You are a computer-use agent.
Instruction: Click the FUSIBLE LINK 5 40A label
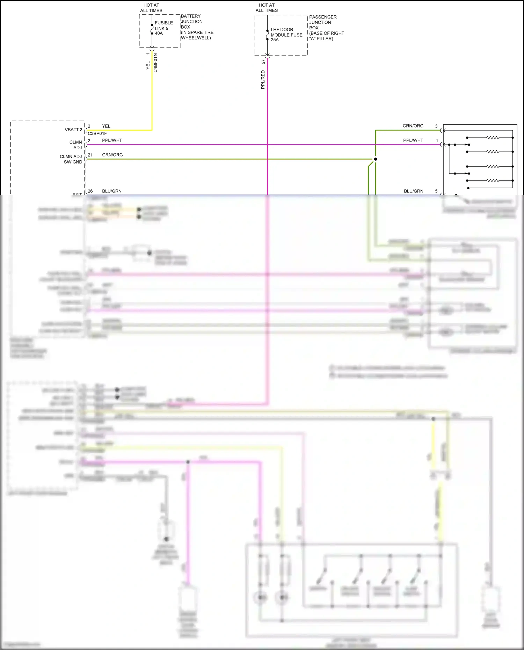[x=163, y=28]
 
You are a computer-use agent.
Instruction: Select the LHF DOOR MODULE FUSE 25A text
[x=286, y=35]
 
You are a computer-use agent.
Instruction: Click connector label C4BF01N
[x=155, y=63]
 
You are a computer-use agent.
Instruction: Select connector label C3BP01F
[x=97, y=133]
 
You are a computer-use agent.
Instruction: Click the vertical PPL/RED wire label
[x=263, y=80]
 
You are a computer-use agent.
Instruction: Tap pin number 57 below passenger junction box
[x=263, y=62]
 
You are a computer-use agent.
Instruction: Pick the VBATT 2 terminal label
[x=73, y=130]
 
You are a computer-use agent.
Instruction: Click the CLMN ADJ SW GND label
[x=72, y=159]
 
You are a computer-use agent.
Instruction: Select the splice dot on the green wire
[x=376, y=159]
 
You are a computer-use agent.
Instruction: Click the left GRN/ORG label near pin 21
[x=112, y=155]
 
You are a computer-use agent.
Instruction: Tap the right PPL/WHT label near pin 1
[x=413, y=140]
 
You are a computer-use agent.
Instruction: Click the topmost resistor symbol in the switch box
[x=493, y=138]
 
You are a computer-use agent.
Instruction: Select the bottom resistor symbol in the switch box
[x=493, y=181]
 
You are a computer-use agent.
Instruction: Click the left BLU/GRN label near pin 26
[x=112, y=191]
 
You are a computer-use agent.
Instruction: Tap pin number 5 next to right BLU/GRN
[x=436, y=191]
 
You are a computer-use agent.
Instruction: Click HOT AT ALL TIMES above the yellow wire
[x=151, y=8]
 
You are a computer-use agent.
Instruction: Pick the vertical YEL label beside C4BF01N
[x=148, y=65]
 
